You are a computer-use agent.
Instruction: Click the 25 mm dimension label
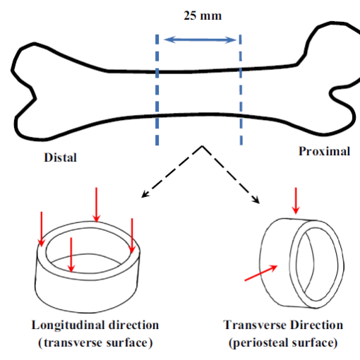point(203,16)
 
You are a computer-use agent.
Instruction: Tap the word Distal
point(61,157)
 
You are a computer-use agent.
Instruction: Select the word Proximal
point(325,151)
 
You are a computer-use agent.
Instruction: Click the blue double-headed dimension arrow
point(200,40)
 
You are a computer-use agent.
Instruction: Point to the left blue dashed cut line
point(157,90)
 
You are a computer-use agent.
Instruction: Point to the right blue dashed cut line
point(241,90)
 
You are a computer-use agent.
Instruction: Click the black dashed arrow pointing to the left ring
point(172,172)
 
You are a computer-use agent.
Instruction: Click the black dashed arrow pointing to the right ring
point(231,174)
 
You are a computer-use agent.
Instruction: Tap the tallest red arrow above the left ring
point(96,205)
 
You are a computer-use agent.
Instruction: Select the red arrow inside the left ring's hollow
point(71,255)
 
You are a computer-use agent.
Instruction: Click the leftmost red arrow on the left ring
point(42,229)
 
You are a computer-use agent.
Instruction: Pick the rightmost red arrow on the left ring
point(132,236)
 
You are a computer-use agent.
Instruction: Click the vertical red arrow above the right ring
point(296,200)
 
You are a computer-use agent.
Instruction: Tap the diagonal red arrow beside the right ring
point(261,273)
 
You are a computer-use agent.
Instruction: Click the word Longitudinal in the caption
point(68,325)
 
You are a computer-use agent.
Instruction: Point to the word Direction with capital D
point(316,325)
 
